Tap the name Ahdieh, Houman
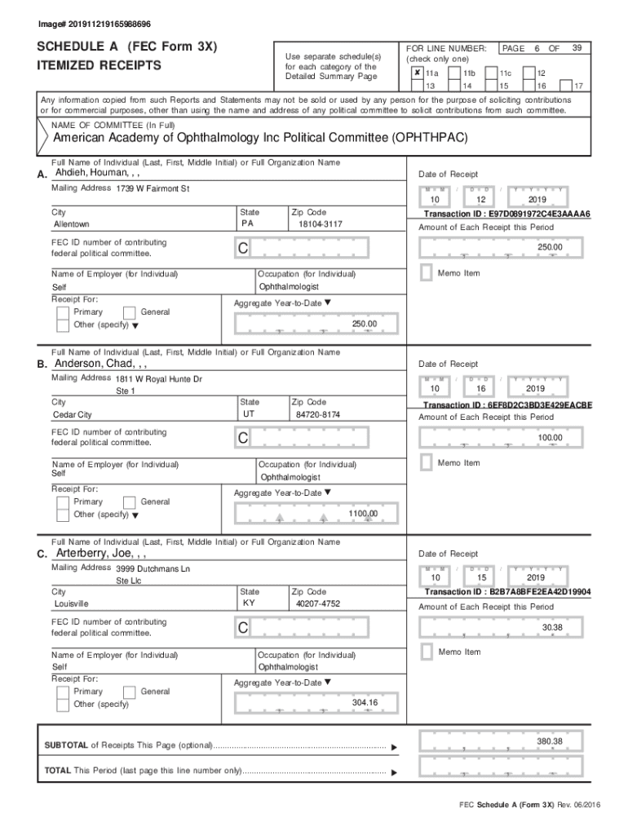coord(91,173)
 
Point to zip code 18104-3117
coord(321,223)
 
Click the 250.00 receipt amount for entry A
coord(549,248)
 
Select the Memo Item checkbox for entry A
coord(426,272)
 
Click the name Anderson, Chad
coord(95,363)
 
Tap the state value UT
coord(249,414)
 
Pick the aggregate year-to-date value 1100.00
coord(363,514)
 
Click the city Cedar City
coord(73,415)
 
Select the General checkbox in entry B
coord(129,502)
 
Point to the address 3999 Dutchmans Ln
coord(153,568)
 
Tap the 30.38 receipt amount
coord(551,627)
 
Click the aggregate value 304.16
coord(364,702)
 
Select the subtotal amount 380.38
coord(549,740)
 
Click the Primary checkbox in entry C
coord(63,691)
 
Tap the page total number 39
coord(577,48)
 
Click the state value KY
coord(249,603)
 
